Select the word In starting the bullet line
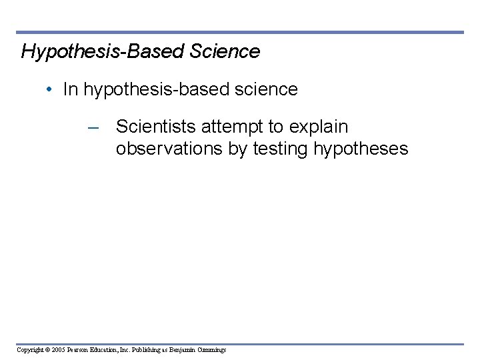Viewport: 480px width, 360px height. (x=70, y=90)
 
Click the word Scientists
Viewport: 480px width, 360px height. (x=157, y=127)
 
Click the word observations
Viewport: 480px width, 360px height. (x=169, y=149)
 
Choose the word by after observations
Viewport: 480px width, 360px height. (x=238, y=149)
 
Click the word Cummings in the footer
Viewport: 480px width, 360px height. (x=212, y=349)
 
